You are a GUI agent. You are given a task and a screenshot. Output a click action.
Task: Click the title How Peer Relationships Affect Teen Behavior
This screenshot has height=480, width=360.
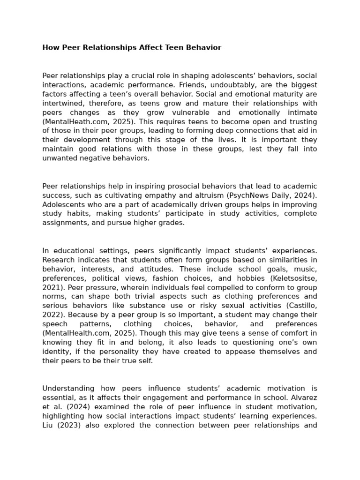tap(132, 48)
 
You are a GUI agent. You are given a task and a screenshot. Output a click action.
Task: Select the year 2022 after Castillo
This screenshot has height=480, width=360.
tap(51, 315)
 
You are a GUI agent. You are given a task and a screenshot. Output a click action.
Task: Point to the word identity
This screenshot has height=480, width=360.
tap(54, 352)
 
